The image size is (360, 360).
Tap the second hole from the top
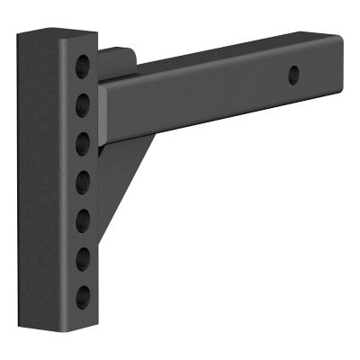(x=83, y=100)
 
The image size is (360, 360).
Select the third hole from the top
(x=83, y=139)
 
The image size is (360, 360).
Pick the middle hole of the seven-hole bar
(x=83, y=178)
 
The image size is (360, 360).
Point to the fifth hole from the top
(x=83, y=217)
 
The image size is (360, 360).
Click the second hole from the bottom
(x=83, y=256)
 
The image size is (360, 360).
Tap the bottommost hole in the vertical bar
(x=83, y=294)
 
